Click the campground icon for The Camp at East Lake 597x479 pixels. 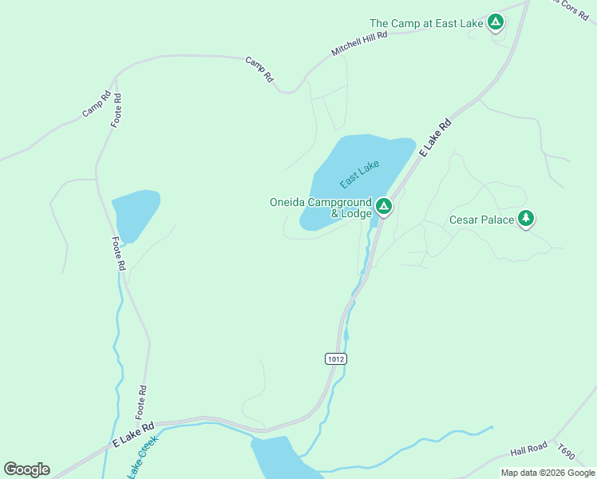tap(495, 22)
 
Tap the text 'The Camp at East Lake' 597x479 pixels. tap(426, 24)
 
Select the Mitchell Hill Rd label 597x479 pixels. tap(359, 45)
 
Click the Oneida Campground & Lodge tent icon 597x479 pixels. tap(384, 208)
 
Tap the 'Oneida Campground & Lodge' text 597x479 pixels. tap(321, 208)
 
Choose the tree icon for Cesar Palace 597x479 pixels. tap(525, 217)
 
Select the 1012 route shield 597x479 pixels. tap(336, 359)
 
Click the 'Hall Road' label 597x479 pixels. tap(528, 451)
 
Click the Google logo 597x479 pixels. tap(26, 469)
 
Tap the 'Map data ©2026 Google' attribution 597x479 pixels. tap(548, 473)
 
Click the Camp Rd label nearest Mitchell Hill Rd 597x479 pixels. tap(260, 69)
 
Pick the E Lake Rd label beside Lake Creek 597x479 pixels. tap(132, 433)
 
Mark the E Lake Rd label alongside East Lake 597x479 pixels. tap(435, 137)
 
